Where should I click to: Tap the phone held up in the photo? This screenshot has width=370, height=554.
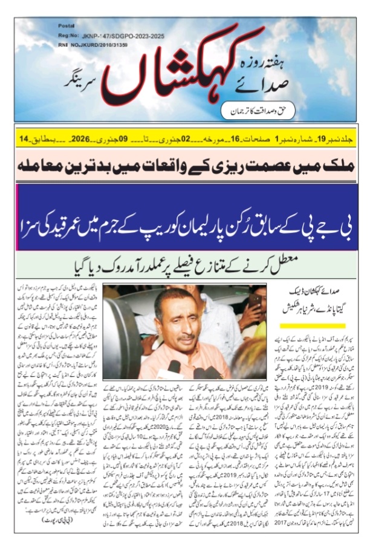pyautogui.click(x=255, y=301)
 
